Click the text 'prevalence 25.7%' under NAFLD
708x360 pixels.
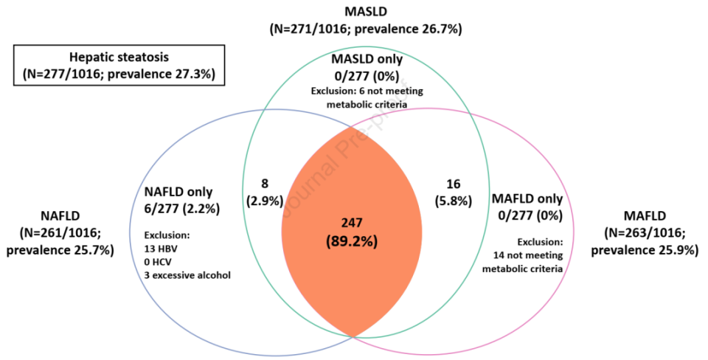point(60,250)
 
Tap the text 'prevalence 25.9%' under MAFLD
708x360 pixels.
point(646,250)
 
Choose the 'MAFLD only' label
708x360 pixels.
point(527,198)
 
